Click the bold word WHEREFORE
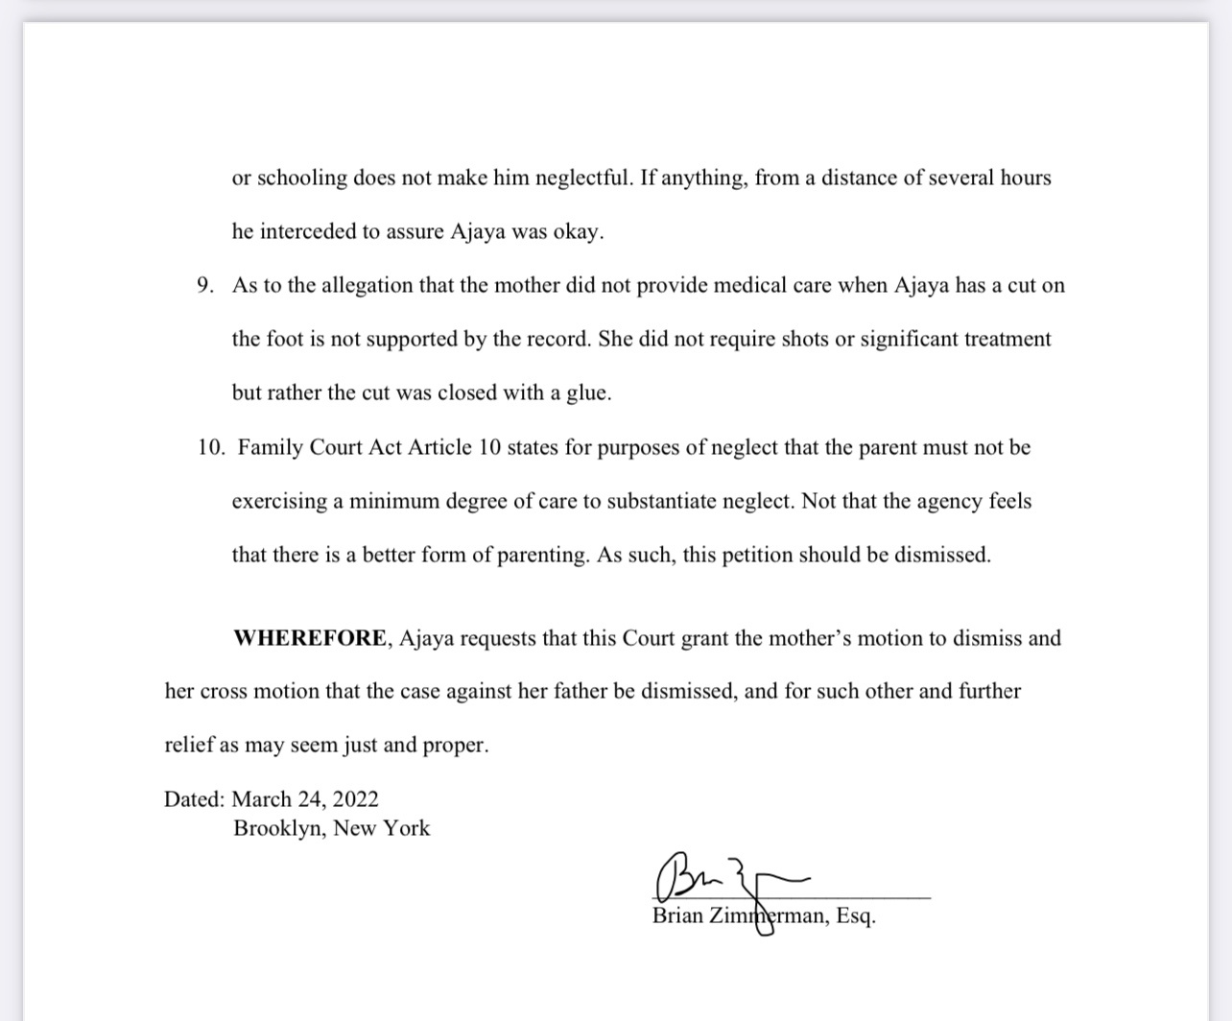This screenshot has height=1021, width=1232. point(310,638)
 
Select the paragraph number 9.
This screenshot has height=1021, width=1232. point(204,285)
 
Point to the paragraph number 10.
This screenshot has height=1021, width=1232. point(210,447)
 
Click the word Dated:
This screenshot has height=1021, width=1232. point(194,799)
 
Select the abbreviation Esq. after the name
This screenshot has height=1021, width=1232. point(856,915)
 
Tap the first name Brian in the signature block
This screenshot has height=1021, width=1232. point(677,915)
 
